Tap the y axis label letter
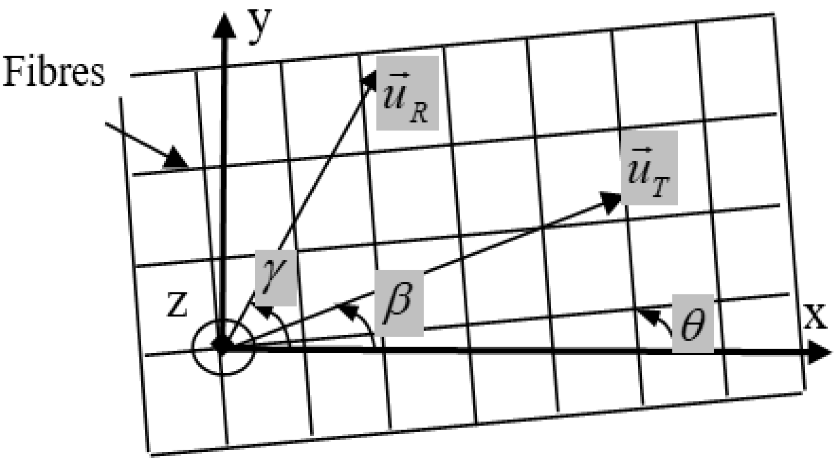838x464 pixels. pyautogui.click(x=260, y=25)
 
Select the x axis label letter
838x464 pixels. pyautogui.click(x=815, y=318)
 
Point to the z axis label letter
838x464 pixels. pyautogui.click(x=177, y=306)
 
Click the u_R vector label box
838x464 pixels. pyautogui.click(x=407, y=93)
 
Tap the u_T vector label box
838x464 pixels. pyautogui.click(x=649, y=168)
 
